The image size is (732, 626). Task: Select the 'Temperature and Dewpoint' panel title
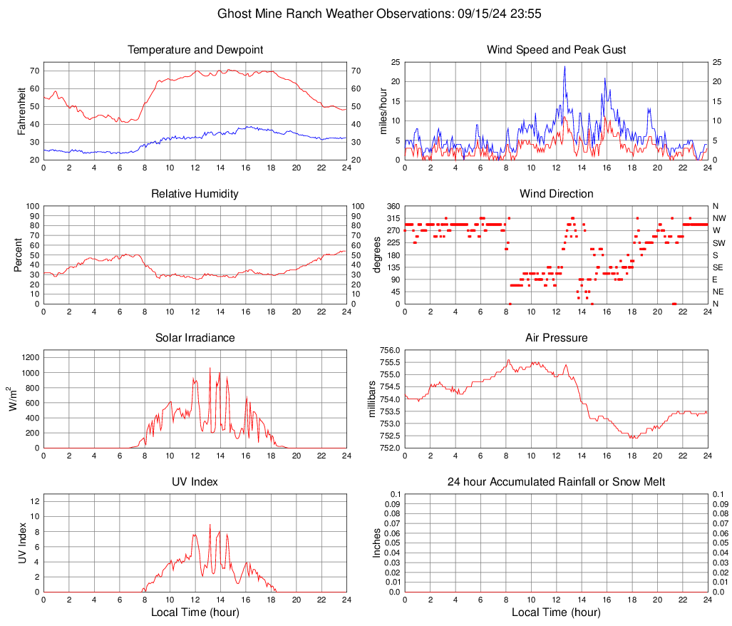point(195,50)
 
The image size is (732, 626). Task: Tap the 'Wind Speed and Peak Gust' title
point(556,50)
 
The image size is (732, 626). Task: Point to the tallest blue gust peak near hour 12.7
point(565,67)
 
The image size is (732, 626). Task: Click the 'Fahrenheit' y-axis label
point(21,111)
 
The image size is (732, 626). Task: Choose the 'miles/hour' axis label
point(383,111)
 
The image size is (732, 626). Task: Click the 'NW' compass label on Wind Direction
point(719,218)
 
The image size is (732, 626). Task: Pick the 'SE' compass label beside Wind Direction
point(718,267)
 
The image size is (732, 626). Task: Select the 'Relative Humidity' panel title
point(195,194)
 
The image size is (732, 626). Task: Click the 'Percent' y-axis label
point(18,255)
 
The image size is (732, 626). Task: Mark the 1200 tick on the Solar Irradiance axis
point(30,354)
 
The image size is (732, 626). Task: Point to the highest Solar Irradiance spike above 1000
point(210,368)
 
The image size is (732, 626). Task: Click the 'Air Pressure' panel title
point(556,338)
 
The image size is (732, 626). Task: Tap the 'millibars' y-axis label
point(371,399)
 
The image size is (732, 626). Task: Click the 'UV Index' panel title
point(195,482)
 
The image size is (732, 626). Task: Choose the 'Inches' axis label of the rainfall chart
point(377,543)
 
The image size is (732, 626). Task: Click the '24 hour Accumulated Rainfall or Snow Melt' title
point(556,482)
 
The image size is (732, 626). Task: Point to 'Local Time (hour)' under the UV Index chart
point(195,612)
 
